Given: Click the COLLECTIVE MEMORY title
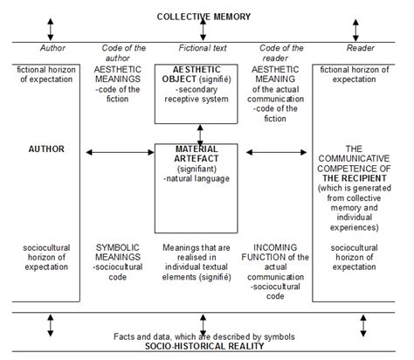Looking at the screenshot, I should [203, 17].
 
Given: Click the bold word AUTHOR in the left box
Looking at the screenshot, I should [46, 149].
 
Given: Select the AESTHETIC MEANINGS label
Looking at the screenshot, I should [123, 74].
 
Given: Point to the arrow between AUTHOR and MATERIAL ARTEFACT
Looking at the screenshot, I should [119, 154].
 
